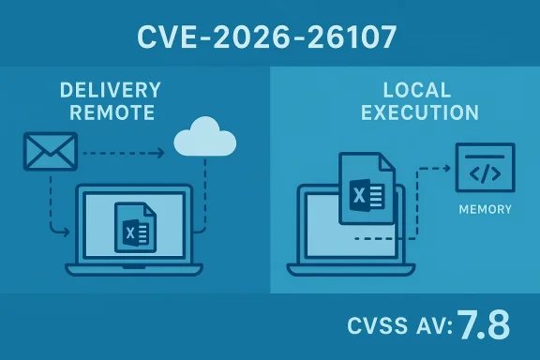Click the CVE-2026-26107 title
[x=270, y=37]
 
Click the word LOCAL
[x=417, y=91]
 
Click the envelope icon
[x=48, y=152]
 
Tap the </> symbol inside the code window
[x=484, y=173]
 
